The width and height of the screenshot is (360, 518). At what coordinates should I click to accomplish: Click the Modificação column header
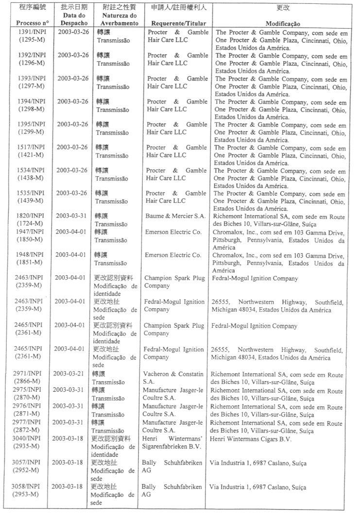(282, 23)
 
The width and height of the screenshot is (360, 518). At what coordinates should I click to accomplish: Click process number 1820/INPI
(30, 216)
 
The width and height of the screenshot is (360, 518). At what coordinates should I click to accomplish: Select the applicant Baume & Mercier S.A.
(175, 216)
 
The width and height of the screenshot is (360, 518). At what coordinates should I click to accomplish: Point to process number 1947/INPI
(30, 232)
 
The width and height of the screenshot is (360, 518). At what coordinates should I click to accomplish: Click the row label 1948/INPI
(30, 255)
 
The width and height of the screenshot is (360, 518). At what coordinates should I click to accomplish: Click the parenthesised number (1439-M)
(30, 201)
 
